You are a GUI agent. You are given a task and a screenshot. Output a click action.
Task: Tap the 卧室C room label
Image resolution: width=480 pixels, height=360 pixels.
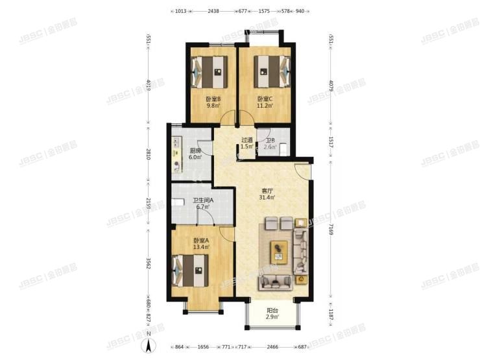(x=265, y=99)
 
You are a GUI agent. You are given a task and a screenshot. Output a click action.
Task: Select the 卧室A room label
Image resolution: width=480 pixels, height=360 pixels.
(x=200, y=241)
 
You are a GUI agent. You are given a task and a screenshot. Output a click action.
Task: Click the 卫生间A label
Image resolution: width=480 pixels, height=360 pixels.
(x=203, y=200)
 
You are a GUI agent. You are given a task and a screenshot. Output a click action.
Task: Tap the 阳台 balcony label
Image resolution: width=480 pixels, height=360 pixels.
(x=272, y=310)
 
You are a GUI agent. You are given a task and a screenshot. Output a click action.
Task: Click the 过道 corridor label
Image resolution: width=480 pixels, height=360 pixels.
(x=246, y=141)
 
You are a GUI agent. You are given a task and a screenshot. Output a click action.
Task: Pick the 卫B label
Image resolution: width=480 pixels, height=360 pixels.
(x=269, y=141)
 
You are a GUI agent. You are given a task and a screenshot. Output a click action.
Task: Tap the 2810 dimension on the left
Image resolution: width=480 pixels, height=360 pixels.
(x=148, y=155)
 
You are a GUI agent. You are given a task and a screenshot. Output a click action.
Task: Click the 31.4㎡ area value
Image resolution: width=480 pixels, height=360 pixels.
(x=267, y=197)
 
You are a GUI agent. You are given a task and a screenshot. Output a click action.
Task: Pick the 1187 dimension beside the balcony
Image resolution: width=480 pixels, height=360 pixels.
(x=331, y=318)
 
